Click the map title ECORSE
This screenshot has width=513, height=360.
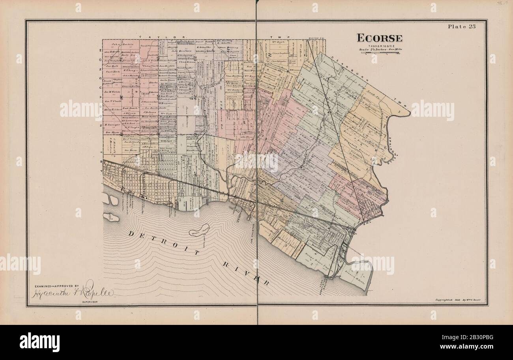click(x=380, y=38)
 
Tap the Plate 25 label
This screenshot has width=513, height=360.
click(x=462, y=27)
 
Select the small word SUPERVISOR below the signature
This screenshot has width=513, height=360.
click(x=90, y=302)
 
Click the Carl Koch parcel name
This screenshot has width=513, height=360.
click(x=113, y=73)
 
